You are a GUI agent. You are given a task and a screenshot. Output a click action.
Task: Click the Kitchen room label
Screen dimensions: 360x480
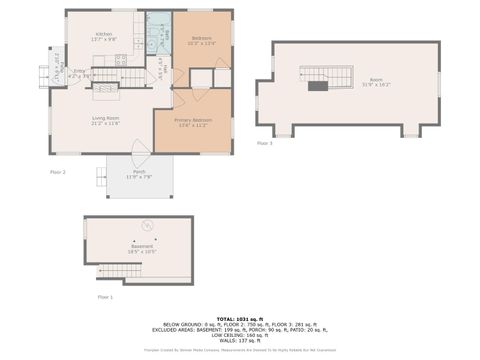tap(104, 35)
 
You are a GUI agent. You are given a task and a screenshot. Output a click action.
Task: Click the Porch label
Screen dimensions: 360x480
tap(139, 174)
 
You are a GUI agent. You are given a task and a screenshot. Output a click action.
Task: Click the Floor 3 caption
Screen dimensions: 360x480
tap(264, 144)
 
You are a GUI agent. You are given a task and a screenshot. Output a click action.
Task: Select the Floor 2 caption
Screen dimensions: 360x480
tap(57, 172)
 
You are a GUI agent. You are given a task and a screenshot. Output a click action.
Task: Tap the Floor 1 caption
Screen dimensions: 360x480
tap(105, 298)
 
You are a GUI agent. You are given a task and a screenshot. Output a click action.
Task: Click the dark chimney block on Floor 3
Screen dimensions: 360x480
tap(318, 87)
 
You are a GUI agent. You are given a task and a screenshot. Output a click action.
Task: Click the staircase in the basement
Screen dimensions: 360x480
tap(113, 271)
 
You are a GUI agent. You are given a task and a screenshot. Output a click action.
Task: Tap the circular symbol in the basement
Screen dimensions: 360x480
tap(148, 225)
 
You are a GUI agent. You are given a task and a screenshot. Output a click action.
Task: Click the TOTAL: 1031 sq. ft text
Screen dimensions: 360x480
tap(239, 318)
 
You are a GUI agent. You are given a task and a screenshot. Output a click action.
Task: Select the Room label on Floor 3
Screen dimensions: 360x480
tap(375, 80)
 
